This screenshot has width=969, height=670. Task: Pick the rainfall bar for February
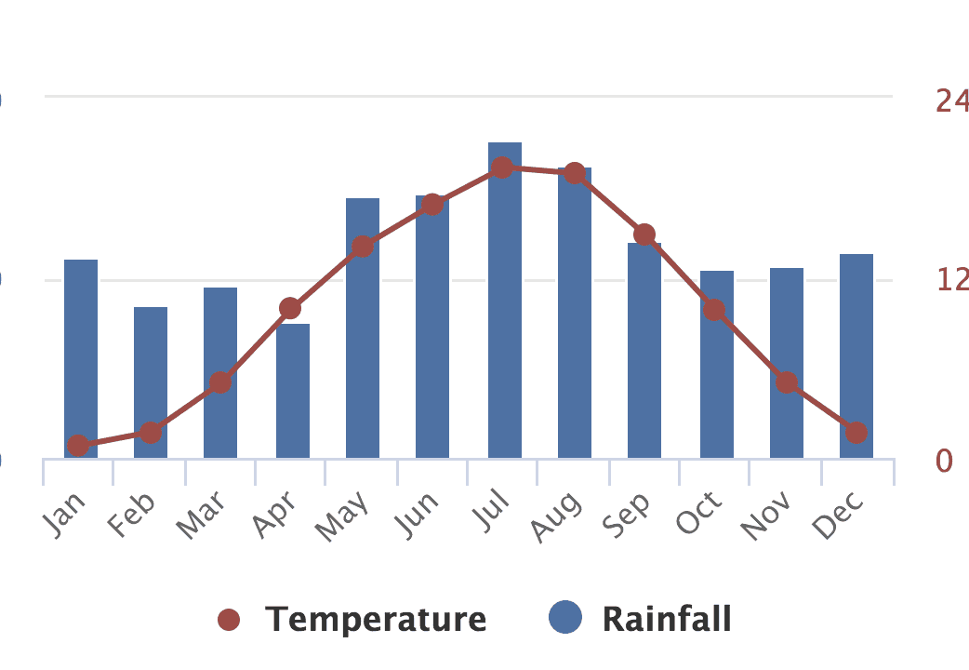point(151,382)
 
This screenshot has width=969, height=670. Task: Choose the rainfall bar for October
point(717,372)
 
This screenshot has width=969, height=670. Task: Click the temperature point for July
point(502,167)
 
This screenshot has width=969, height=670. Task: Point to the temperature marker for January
point(78,446)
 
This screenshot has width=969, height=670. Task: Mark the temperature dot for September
point(645,234)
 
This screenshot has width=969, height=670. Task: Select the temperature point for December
point(856,433)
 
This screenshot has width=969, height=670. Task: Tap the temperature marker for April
point(290,308)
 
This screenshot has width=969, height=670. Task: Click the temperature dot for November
point(787,382)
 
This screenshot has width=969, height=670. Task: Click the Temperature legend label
point(376,619)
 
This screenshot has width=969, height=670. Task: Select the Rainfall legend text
point(667,619)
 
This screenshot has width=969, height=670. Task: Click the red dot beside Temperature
point(229,620)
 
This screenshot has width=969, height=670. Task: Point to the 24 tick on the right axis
point(950,100)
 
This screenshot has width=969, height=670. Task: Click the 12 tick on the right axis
point(950,279)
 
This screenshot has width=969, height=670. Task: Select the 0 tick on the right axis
point(944,460)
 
